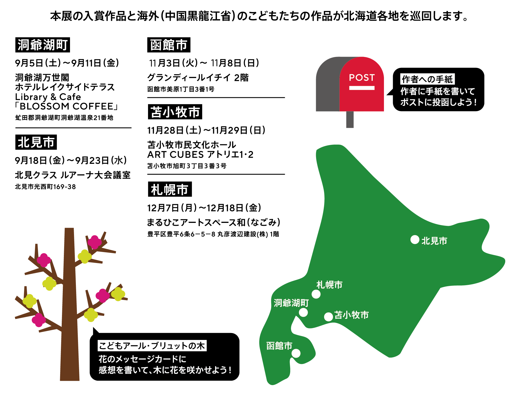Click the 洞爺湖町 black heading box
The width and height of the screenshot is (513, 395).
coord(42,45)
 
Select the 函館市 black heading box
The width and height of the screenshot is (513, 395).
coord(169,45)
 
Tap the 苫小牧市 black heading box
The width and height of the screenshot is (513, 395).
coord(175,112)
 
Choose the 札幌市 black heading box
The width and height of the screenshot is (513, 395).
coord(170,189)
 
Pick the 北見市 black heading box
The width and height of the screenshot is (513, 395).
coord(36,142)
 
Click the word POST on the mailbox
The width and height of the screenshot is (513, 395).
coord(362,78)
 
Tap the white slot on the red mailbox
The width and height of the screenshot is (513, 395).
coord(362,88)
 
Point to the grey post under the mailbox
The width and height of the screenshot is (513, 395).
coord(350,119)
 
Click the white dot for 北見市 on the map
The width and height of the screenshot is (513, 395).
coord(415,239)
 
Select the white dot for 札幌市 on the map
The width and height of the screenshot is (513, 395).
coord(316,294)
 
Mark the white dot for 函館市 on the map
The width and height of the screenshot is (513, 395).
coord(296,353)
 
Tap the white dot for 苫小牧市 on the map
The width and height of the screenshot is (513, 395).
coord(328,317)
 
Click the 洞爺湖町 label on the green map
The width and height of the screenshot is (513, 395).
coord(291,303)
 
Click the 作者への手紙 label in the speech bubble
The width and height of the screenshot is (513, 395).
coord(427,79)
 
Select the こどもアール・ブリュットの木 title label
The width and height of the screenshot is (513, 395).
coord(152,346)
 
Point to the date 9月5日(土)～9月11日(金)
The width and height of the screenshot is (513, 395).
coord(67,63)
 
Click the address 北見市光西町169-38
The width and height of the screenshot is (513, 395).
coord(45,187)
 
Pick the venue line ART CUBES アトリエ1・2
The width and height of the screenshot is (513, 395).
coord(200,154)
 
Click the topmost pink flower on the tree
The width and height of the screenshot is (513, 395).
coord(95,242)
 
